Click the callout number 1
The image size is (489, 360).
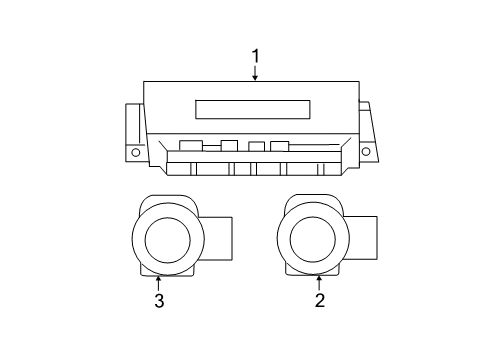click(256, 56)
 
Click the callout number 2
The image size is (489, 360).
click(320, 299)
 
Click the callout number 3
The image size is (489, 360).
click(158, 299)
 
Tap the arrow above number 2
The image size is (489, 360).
click(320, 281)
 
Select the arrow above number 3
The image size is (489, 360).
click(158, 281)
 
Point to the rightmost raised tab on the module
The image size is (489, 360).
click(279, 146)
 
